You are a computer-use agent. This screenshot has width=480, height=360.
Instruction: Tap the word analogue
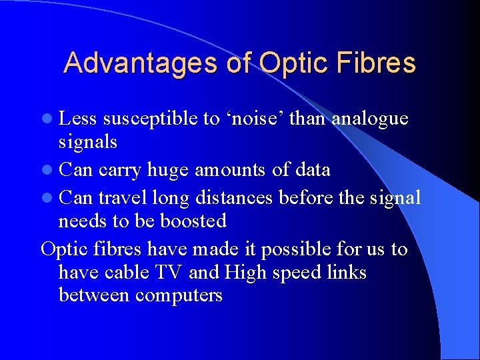pos(370,119)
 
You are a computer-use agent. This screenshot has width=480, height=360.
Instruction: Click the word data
pos(311,170)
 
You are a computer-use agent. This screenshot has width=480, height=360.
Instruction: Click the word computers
pos(178,295)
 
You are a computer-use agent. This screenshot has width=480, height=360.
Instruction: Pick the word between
pos(94,295)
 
